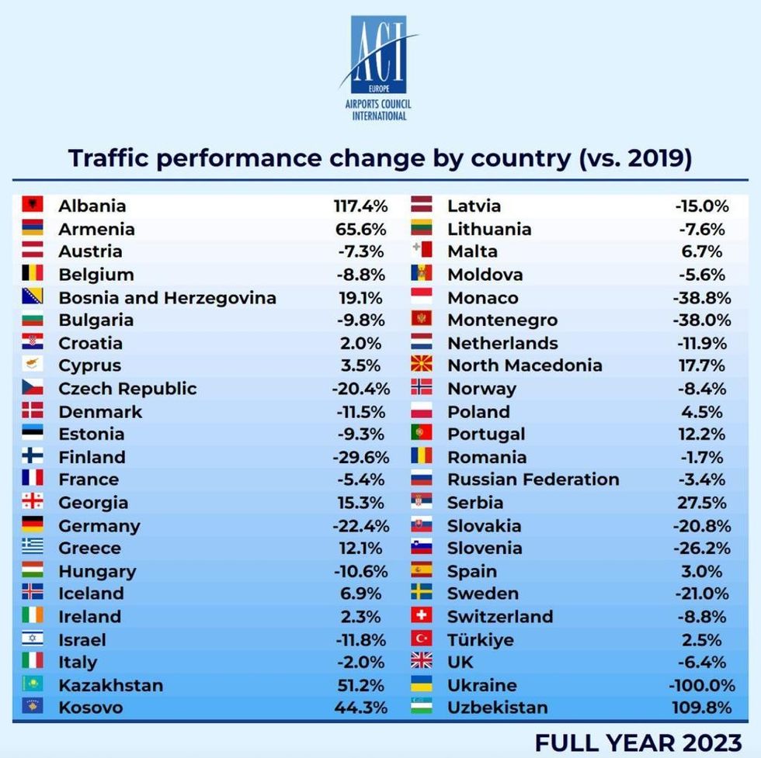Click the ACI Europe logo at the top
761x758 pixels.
tap(378, 67)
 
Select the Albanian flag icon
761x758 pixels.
tap(33, 205)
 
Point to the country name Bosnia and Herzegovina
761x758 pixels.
tap(167, 298)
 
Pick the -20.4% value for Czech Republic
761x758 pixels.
tap(360, 389)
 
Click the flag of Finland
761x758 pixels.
tap(33, 456)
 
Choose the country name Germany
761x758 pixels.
tap(99, 526)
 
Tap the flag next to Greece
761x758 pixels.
tap(33, 547)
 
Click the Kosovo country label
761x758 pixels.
tap(91, 708)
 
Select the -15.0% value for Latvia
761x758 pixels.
tap(702, 206)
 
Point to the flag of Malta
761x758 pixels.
tap(422, 250)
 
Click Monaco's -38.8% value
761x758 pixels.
tap(702, 298)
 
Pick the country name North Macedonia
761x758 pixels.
tap(525, 365)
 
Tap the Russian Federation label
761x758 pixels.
tap(533, 479)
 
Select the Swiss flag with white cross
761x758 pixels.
tap(422, 615)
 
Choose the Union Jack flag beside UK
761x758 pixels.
tap(422, 661)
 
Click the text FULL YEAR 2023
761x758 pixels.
tap(638, 742)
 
